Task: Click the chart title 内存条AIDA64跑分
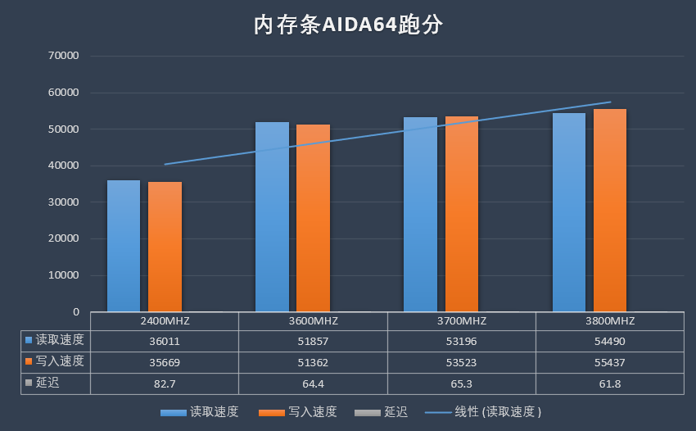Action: point(348,25)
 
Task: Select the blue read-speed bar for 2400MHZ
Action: point(124,246)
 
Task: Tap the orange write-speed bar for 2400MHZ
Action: point(165,246)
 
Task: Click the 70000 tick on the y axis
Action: point(63,56)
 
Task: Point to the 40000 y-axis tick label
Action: point(63,166)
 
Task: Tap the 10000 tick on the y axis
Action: point(63,275)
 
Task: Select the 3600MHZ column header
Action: point(313,320)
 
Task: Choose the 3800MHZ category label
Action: point(610,320)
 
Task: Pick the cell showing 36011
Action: point(165,340)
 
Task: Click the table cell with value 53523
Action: point(461,361)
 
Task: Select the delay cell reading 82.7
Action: point(165,383)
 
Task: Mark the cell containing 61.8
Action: point(610,383)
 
